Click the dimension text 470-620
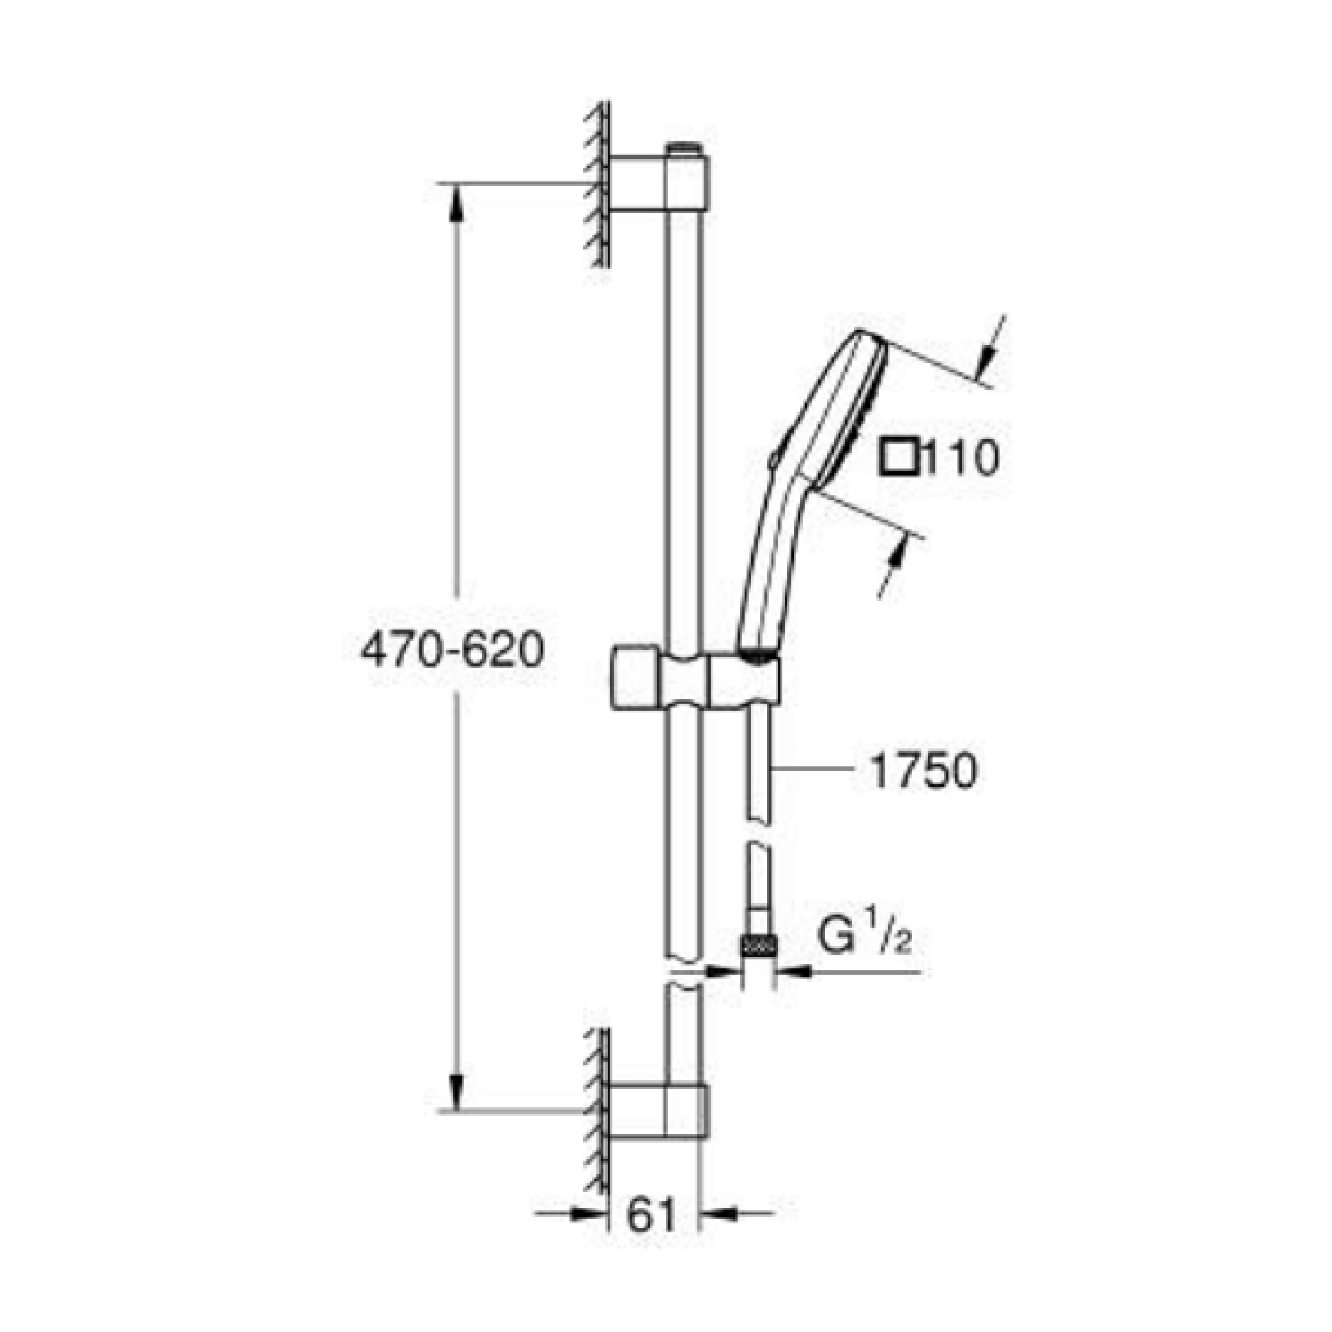tap(453, 651)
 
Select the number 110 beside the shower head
tap(960, 458)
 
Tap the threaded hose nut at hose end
tap(759, 945)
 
